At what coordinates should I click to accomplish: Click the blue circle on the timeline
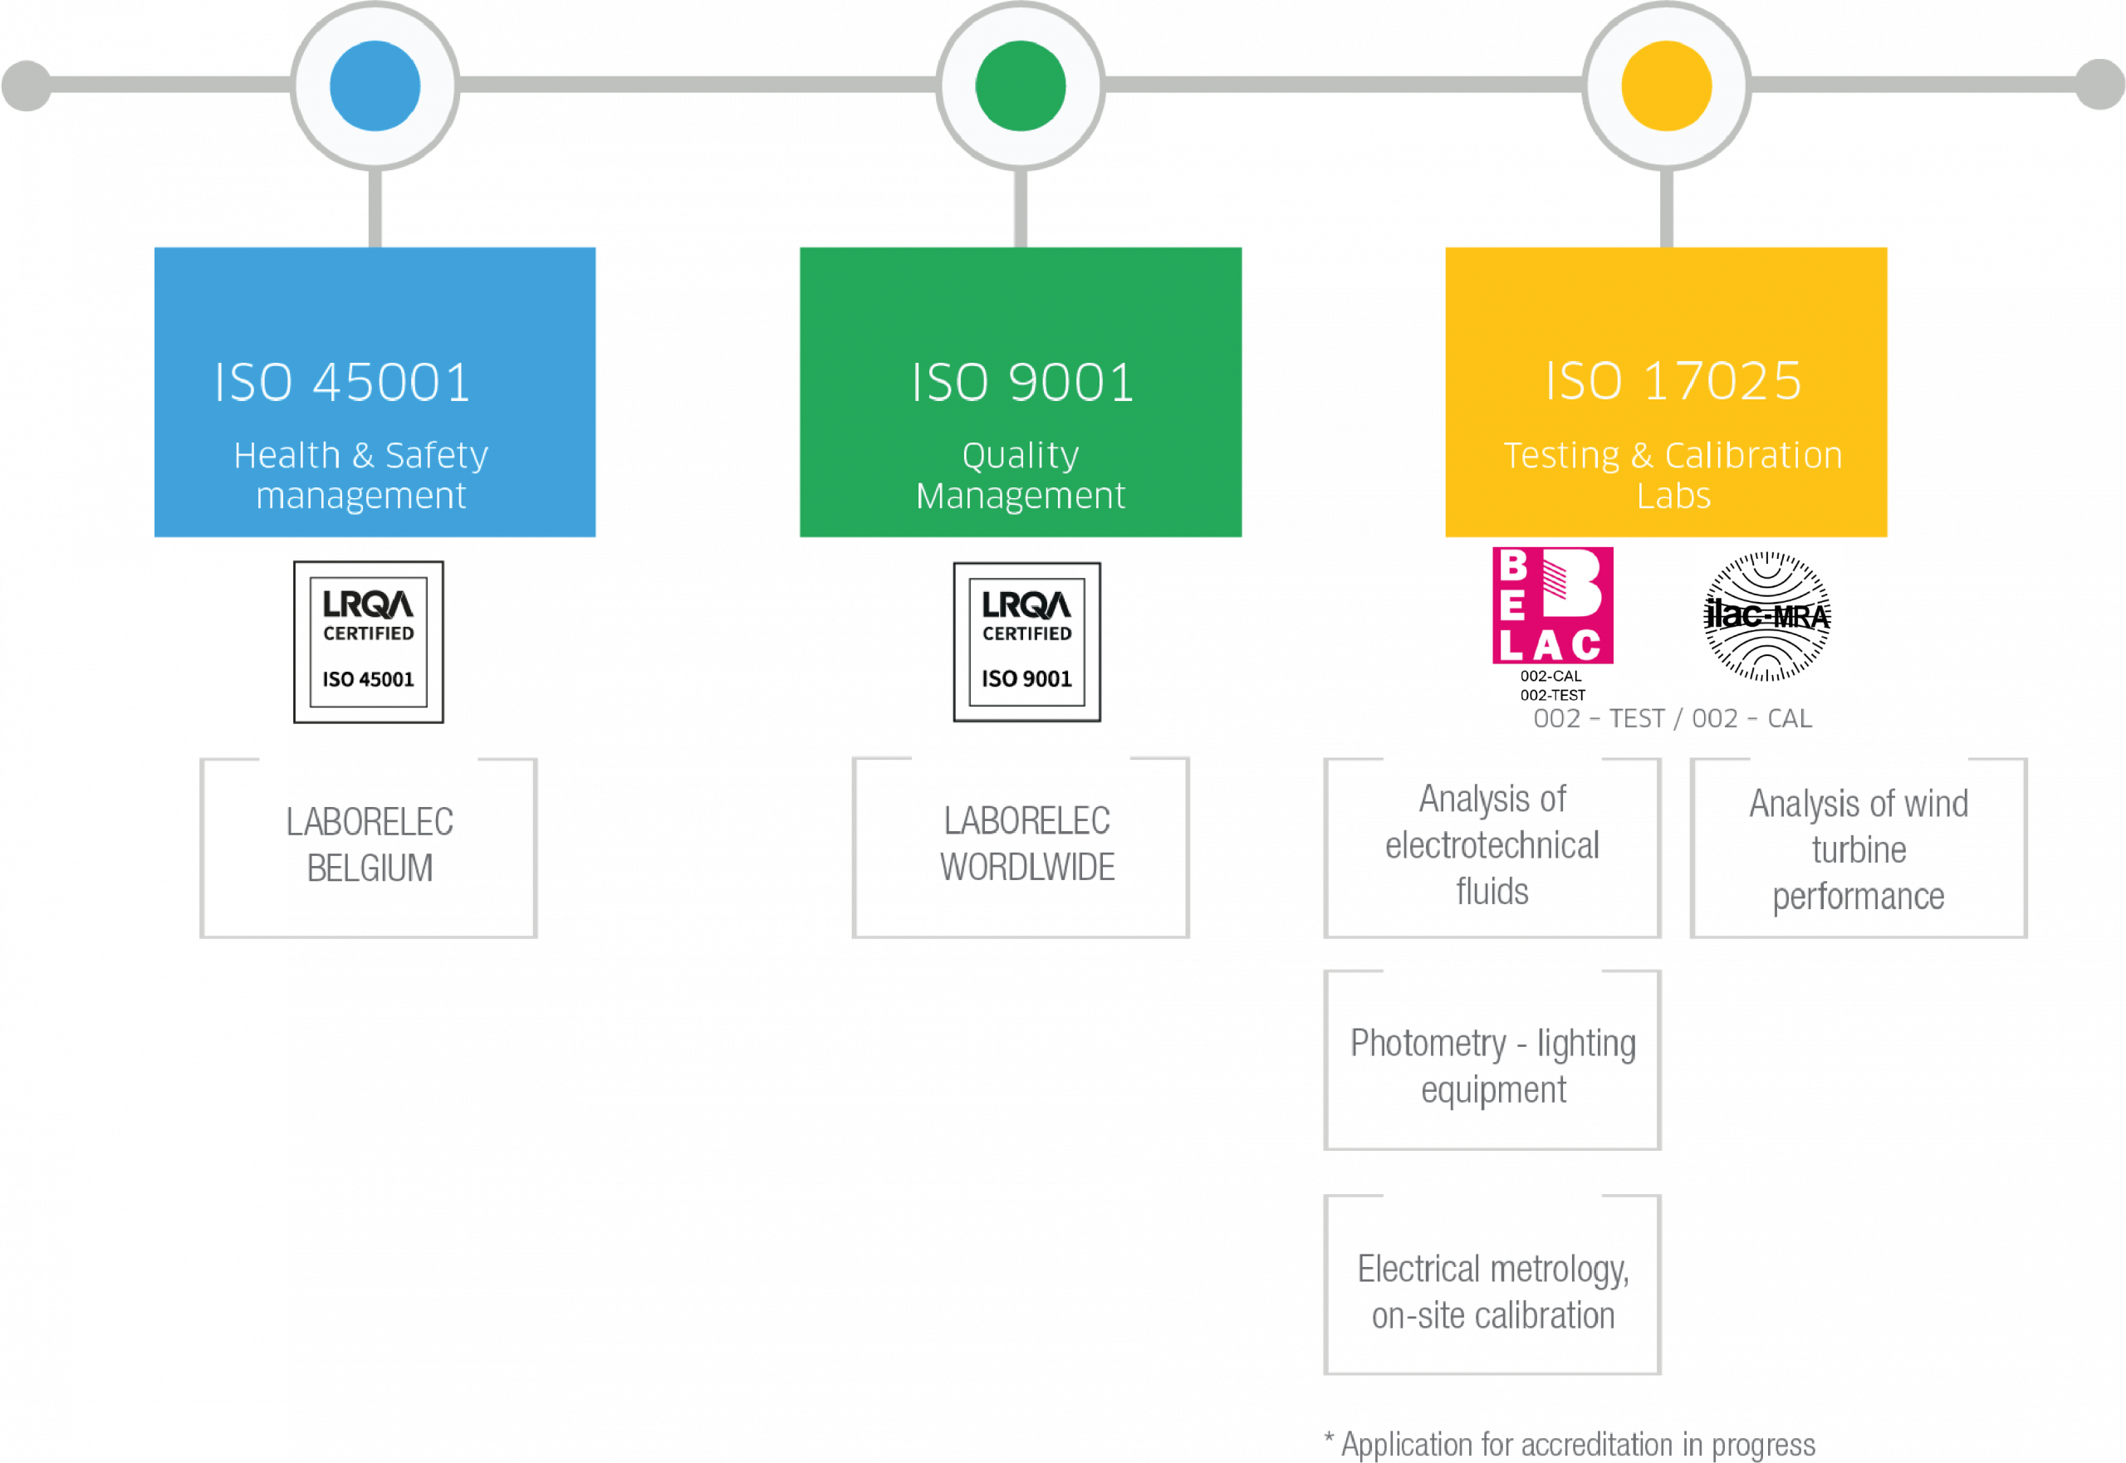(x=375, y=86)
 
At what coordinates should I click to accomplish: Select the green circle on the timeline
(x=1021, y=86)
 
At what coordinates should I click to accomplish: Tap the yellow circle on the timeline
(x=1667, y=86)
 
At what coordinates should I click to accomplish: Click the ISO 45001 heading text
(x=343, y=382)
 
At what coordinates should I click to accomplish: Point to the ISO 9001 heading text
(x=1022, y=382)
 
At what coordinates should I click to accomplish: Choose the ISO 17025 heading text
(x=1673, y=381)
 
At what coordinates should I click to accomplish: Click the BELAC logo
(x=1553, y=624)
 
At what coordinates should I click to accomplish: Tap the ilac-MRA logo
(x=1768, y=615)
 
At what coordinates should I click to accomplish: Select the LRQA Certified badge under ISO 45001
(x=369, y=642)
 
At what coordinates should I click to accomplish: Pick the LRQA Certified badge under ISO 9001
(x=1026, y=642)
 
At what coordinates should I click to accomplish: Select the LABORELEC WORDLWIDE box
(x=1021, y=846)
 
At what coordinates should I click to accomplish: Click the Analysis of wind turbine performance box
(x=1859, y=848)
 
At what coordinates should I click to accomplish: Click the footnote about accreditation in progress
(x=1570, y=1445)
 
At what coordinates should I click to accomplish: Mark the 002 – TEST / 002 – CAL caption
(x=1673, y=719)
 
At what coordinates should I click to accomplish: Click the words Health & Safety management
(x=361, y=475)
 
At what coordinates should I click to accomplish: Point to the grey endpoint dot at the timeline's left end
(x=27, y=86)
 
